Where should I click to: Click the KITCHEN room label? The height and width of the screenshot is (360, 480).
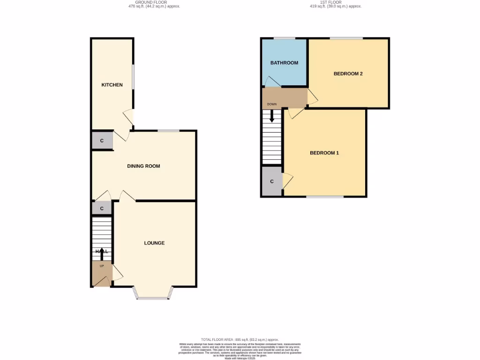point(112,85)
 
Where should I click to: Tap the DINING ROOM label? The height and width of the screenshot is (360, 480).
point(143,166)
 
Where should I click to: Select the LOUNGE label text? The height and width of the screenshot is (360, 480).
point(154,243)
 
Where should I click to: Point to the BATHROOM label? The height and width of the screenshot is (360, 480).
point(284,63)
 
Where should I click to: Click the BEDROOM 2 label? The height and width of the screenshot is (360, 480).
point(348,74)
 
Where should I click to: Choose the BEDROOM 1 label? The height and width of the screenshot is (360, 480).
point(324,153)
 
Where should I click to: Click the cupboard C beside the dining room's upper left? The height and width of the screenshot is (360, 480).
point(102,141)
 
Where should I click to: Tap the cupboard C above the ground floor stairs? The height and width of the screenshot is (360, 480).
point(102,208)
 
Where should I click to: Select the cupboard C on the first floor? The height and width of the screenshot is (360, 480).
point(271,181)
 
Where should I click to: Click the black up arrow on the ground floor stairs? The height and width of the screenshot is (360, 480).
point(102,254)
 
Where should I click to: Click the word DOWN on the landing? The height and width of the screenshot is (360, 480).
point(272,104)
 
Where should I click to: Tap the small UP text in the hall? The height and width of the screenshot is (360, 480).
point(101,266)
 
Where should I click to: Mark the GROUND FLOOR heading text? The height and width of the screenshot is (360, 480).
point(154,2)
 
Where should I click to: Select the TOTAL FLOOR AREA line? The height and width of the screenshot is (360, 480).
point(240,339)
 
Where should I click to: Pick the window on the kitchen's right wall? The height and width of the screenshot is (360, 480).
point(133,75)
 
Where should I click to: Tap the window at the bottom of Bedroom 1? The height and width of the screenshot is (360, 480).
point(324,196)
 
